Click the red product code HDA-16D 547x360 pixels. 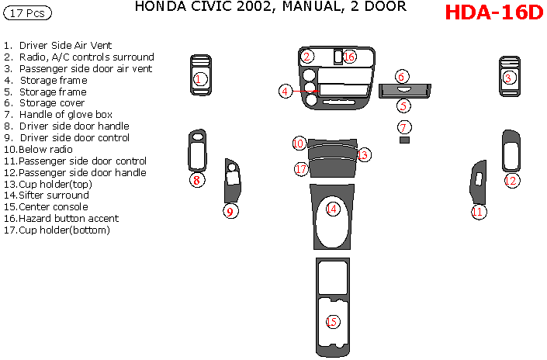[493, 15]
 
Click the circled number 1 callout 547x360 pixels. [199, 78]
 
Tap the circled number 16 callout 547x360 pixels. [348, 57]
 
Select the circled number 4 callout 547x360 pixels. [286, 92]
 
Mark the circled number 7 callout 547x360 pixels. [404, 126]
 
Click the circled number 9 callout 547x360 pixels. [230, 211]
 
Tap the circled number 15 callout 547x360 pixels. [333, 321]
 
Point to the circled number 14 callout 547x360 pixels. [332, 209]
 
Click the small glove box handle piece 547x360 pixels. [404, 140]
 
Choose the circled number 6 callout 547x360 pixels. [401, 76]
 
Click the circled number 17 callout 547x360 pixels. [301, 168]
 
